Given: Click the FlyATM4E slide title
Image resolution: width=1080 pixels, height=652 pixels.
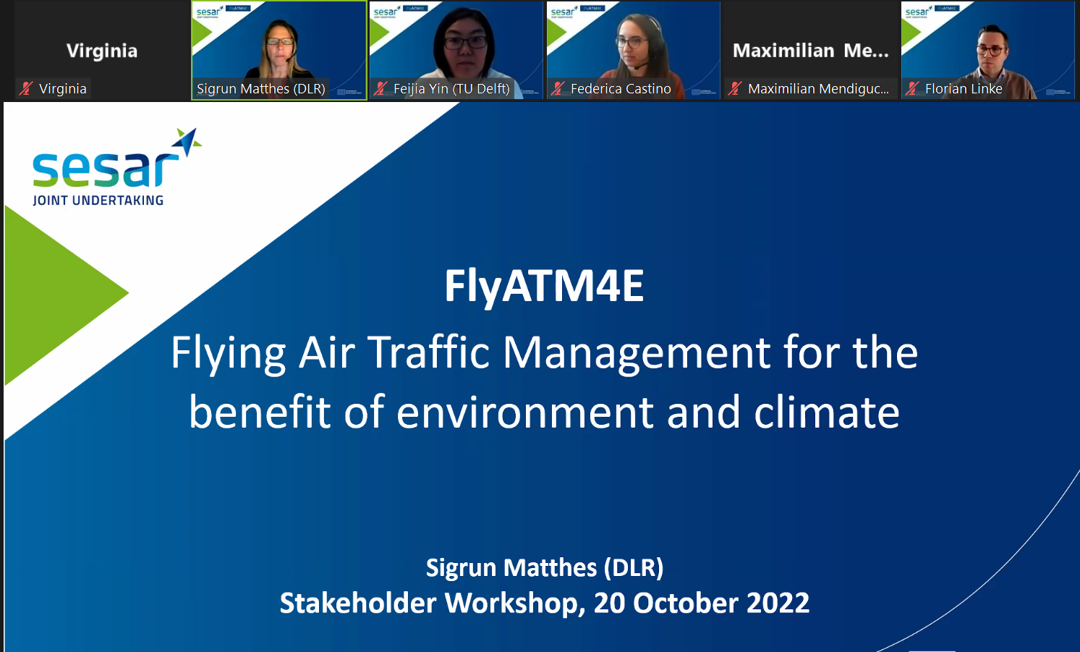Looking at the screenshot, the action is point(544,287).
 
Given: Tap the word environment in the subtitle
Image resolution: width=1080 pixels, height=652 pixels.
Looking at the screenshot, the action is point(524,412).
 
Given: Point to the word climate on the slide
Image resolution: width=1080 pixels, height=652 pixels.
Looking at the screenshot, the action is point(827,412).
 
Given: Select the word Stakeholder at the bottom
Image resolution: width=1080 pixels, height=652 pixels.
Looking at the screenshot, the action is point(358,603).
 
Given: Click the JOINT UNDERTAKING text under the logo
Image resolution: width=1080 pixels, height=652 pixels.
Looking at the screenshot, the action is point(98,200).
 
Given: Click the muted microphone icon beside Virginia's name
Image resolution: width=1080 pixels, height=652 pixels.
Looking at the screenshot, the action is point(26,88).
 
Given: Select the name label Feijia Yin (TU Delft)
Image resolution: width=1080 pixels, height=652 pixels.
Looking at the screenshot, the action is point(451,89).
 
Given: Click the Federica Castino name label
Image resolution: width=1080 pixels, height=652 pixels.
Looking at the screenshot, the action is point(621,89).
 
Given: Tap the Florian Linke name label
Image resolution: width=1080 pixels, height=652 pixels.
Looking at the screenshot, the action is point(964,89).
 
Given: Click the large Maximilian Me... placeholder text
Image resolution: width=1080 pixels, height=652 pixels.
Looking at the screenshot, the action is point(810,51).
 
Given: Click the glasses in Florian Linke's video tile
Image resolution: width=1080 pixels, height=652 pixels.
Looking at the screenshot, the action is point(990,50).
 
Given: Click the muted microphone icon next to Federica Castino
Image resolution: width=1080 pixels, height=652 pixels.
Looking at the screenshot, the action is point(558,88).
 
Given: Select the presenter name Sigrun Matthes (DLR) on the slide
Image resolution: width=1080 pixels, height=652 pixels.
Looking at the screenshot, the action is point(545,568).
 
